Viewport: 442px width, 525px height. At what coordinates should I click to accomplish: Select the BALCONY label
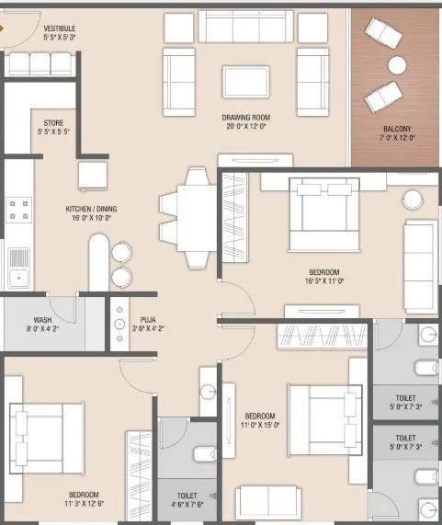coord(397,129)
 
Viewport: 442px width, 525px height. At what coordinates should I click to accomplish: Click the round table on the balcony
coord(397,65)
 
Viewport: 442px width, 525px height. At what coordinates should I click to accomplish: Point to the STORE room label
coord(54,122)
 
